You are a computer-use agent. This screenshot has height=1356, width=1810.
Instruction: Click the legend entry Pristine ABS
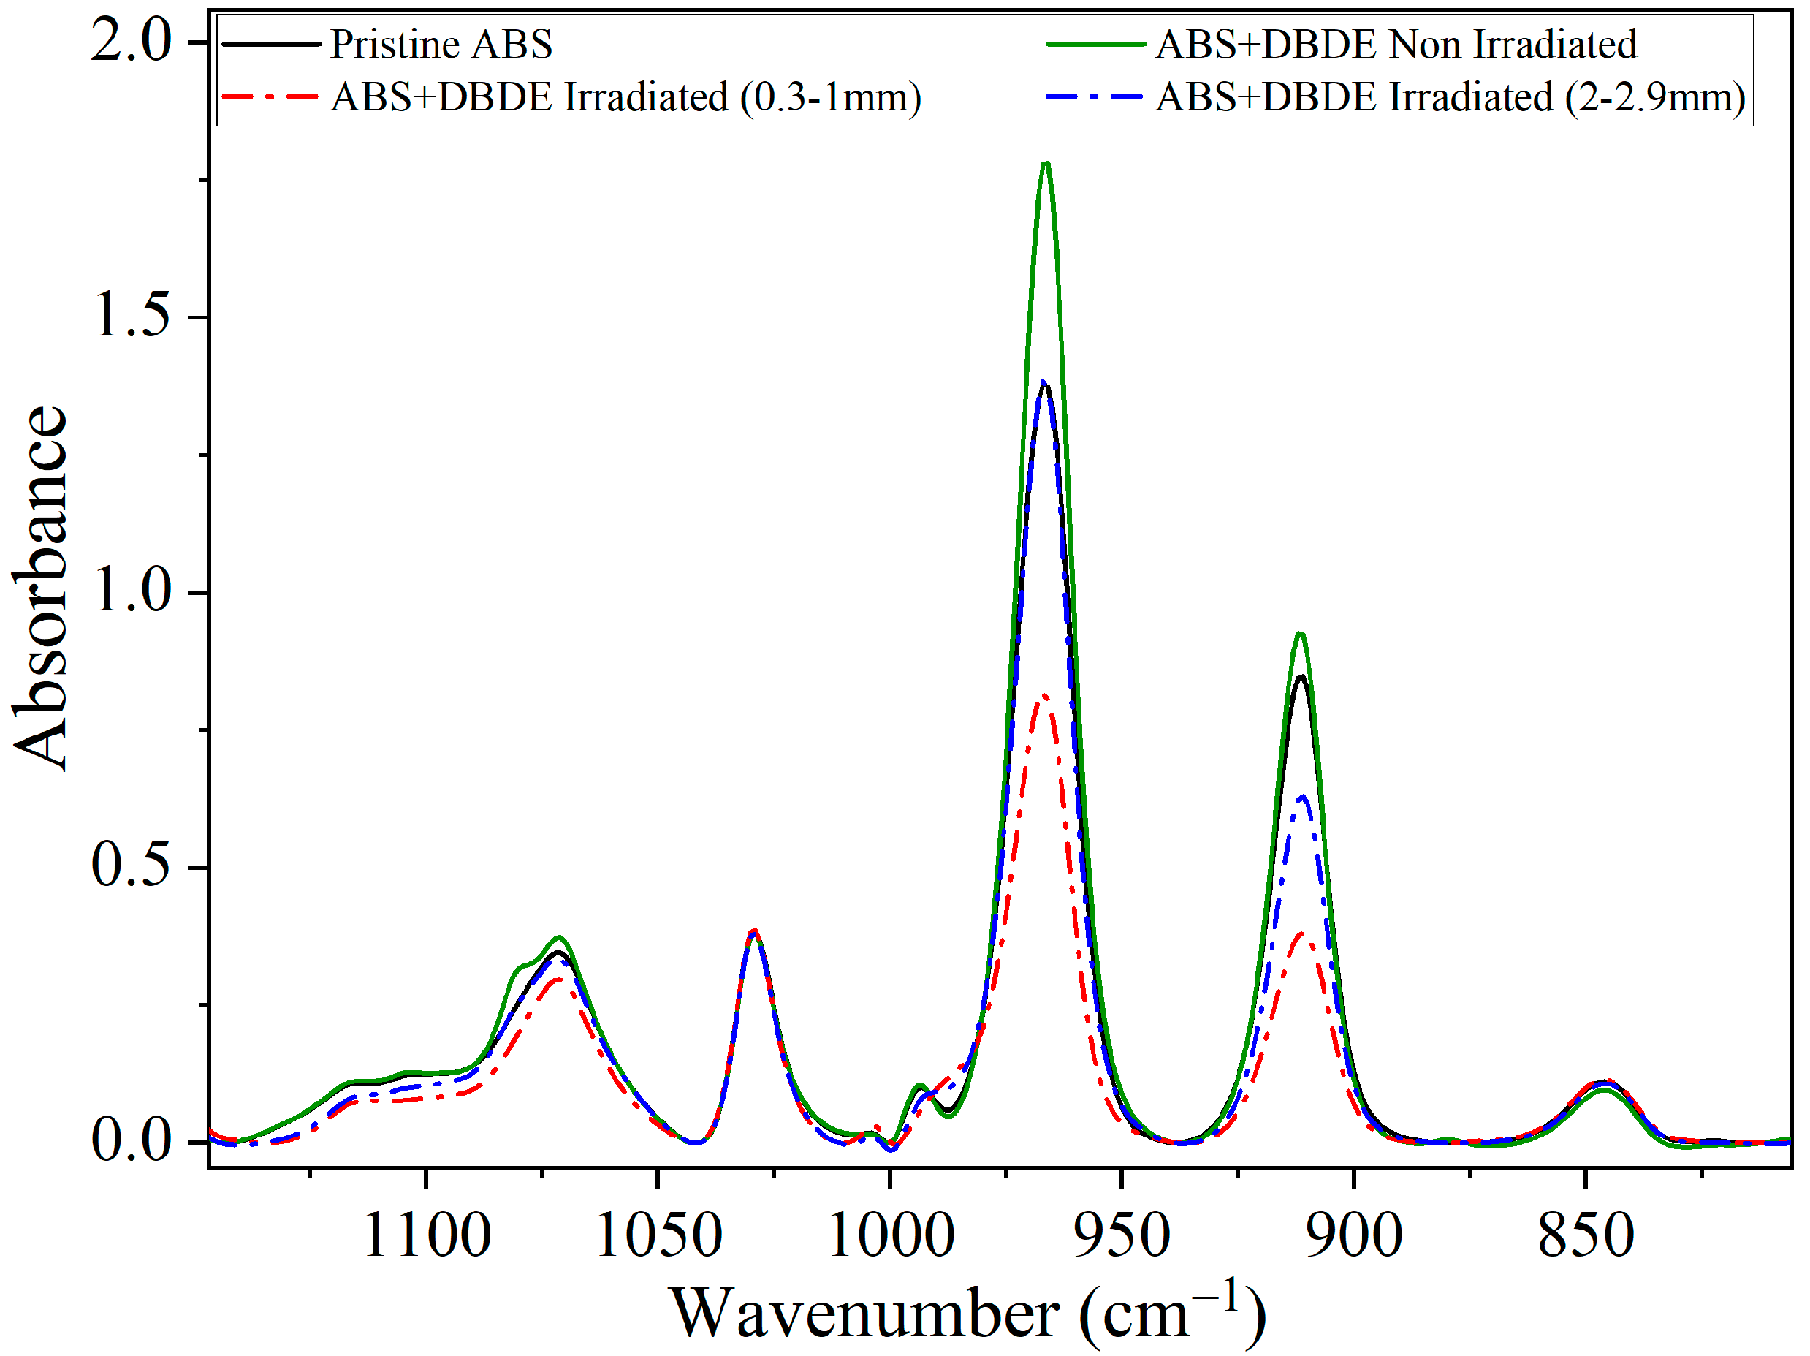tap(441, 44)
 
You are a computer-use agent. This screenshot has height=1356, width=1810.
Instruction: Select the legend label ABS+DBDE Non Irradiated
tap(1396, 44)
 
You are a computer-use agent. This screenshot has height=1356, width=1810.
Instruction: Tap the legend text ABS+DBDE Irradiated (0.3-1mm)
tap(626, 97)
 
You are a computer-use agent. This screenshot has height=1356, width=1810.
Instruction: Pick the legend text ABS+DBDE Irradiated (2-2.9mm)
tap(1450, 97)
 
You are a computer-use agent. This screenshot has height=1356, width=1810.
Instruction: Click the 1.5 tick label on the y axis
tap(132, 316)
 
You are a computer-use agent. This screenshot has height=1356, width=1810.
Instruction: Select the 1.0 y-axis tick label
tap(132, 591)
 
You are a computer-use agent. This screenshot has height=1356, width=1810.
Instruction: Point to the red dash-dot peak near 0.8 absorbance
tap(1044, 697)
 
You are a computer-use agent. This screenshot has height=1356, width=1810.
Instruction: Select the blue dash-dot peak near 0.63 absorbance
tap(1302, 796)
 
